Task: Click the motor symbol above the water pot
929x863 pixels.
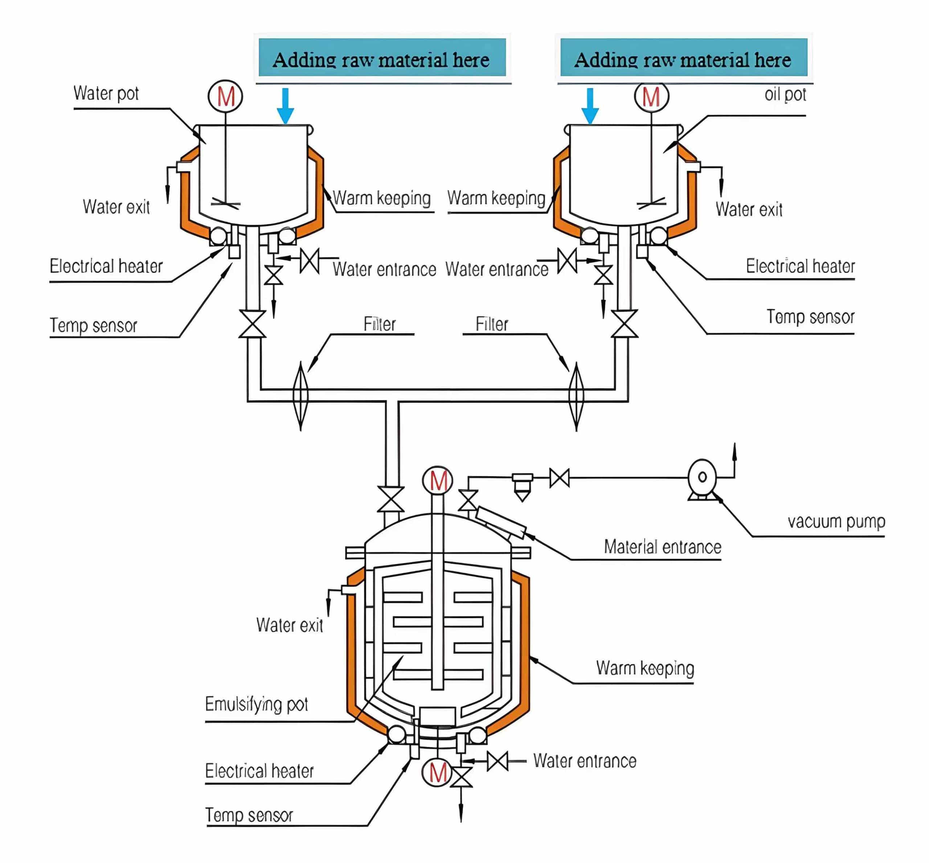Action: click(225, 96)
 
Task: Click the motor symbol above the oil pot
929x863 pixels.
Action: click(651, 96)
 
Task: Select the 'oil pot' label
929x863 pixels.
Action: click(785, 95)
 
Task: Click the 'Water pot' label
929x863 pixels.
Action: click(106, 93)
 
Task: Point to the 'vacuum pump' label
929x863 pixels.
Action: click(836, 521)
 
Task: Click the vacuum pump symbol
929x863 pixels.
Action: click(702, 479)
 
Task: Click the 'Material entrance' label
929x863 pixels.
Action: click(662, 547)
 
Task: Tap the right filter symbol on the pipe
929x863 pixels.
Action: click(576, 396)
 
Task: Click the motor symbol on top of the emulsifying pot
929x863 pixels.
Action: click(438, 480)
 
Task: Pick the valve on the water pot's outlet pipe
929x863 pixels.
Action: click(252, 324)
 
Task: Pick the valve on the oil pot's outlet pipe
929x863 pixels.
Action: click(624, 324)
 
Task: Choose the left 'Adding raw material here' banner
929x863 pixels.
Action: click(382, 57)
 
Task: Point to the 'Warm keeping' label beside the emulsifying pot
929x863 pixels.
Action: click(645, 668)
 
